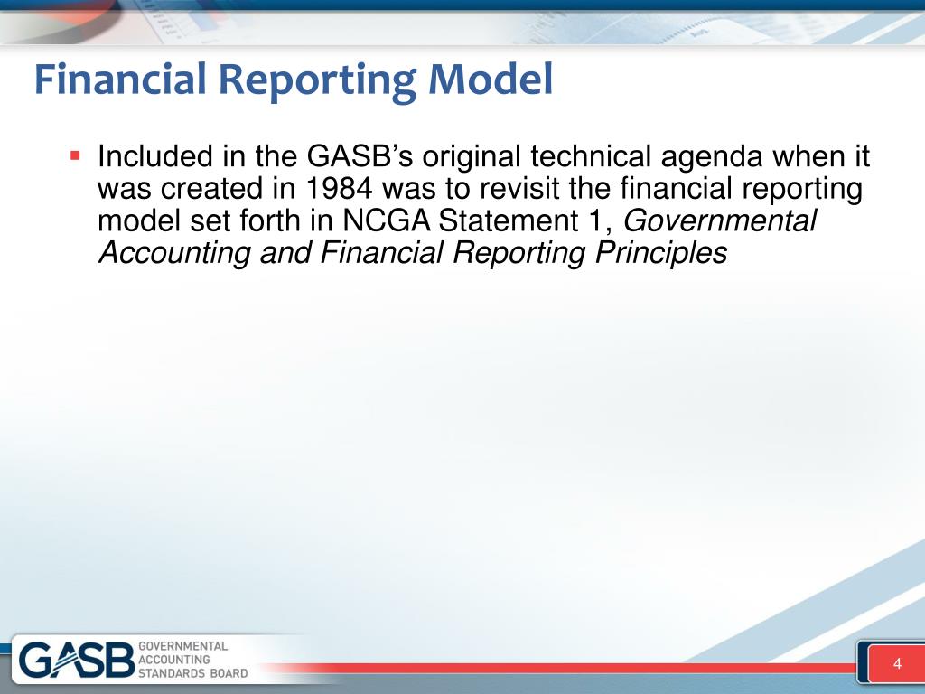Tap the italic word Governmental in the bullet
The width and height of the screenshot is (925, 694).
click(x=721, y=221)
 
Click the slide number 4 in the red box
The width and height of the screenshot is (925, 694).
click(x=897, y=665)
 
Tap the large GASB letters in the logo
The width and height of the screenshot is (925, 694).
click(x=77, y=661)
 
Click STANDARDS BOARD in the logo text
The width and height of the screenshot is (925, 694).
click(x=193, y=673)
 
